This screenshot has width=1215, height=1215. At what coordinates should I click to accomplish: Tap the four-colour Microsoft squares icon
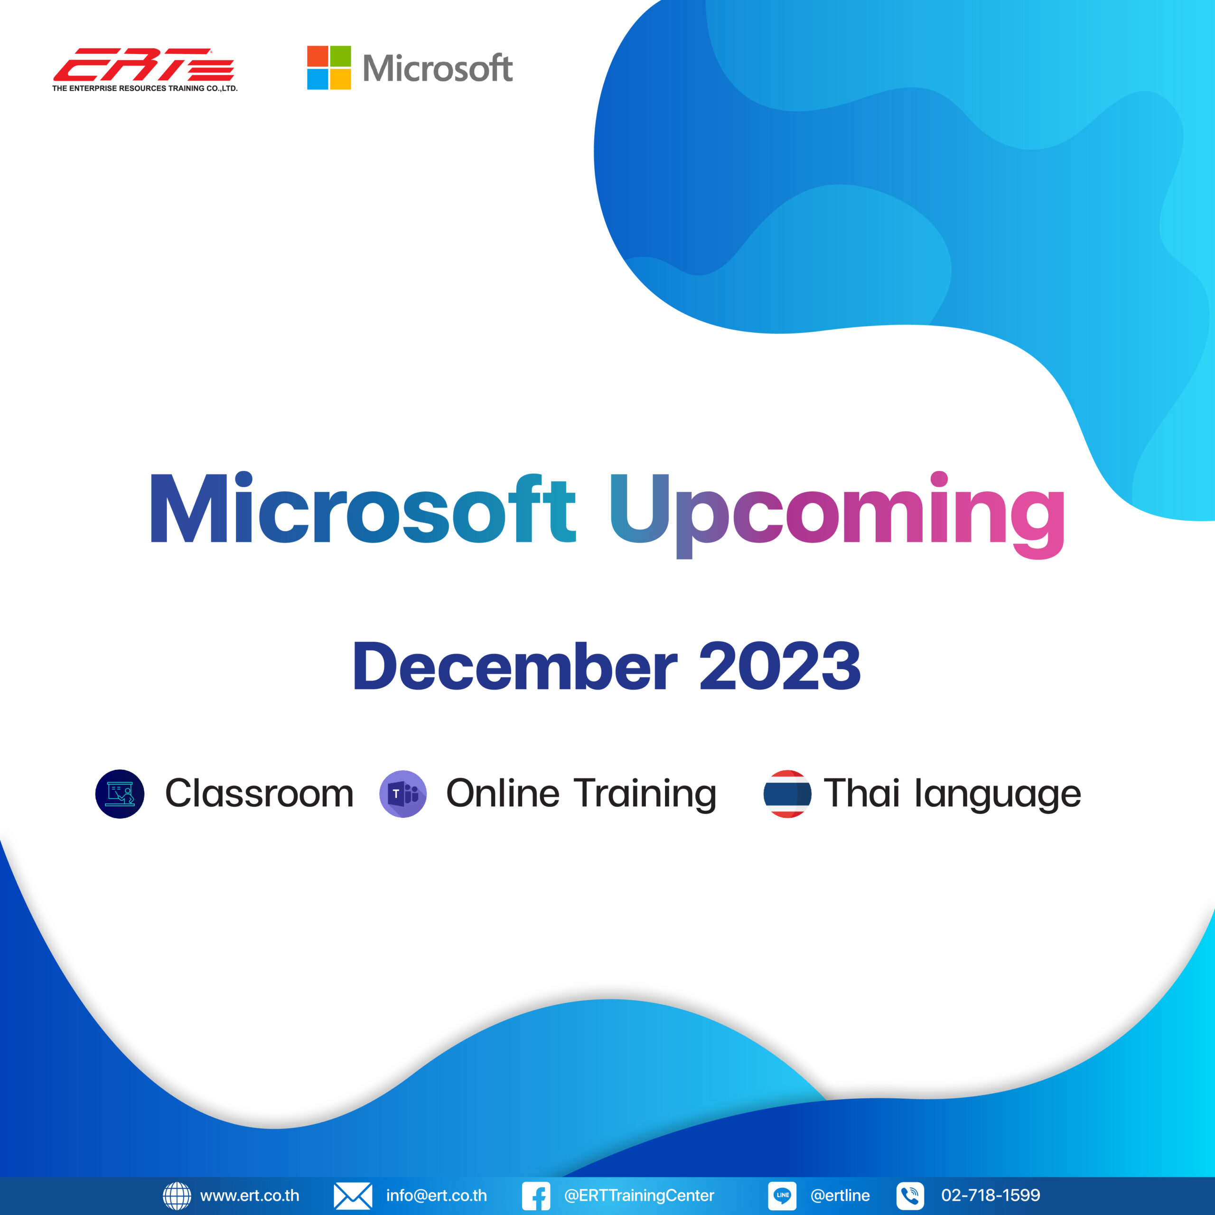click(329, 67)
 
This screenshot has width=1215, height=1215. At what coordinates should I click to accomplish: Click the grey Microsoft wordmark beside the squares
click(438, 68)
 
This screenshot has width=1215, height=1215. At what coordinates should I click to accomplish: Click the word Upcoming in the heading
click(837, 514)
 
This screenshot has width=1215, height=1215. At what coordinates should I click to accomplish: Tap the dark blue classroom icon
click(120, 794)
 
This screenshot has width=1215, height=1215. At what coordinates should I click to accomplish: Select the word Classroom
click(259, 793)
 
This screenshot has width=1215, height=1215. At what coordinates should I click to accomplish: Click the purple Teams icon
click(403, 794)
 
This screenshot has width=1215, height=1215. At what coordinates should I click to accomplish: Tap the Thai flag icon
click(787, 794)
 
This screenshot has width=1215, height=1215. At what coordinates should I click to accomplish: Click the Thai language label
click(953, 794)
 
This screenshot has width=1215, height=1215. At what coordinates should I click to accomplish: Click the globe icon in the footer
click(177, 1196)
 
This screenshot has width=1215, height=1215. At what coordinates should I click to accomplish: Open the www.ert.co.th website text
click(250, 1196)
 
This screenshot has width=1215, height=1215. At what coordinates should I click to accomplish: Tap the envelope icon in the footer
click(353, 1196)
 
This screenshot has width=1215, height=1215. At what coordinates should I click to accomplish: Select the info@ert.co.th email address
click(437, 1196)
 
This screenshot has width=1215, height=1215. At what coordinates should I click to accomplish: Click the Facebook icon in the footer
click(536, 1196)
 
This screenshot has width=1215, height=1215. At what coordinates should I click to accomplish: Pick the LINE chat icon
click(782, 1196)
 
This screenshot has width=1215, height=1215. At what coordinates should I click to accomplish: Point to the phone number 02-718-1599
click(991, 1196)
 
